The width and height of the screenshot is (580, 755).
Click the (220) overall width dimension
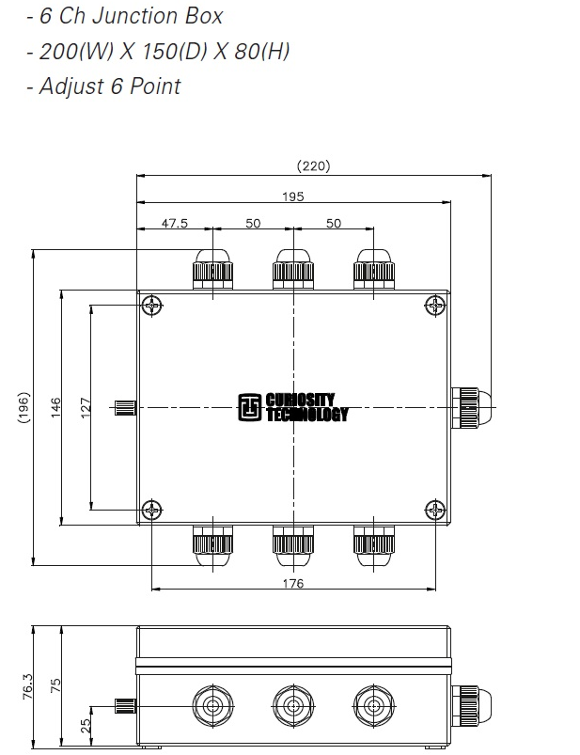[x=313, y=166]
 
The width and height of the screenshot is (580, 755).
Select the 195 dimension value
[x=293, y=197]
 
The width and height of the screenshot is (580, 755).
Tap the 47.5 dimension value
[x=175, y=223]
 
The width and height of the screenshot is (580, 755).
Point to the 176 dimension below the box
[x=293, y=584]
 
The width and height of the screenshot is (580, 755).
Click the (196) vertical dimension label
[x=23, y=408]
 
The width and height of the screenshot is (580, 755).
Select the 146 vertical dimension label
[x=55, y=408]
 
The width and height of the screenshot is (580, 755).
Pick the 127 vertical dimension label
[x=86, y=408]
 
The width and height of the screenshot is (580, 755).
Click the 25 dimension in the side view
[x=86, y=725]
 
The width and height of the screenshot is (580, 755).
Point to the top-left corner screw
[x=153, y=306]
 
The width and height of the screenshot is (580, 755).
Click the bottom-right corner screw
[x=435, y=510]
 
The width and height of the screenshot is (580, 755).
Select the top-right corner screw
[x=435, y=306]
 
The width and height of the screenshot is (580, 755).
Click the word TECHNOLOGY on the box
[x=307, y=415]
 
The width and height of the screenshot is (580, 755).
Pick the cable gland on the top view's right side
[x=468, y=407]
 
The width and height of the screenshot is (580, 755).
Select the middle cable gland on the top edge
[x=293, y=269]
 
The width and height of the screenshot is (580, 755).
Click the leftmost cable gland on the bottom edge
[x=212, y=543]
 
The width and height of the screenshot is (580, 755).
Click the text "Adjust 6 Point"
[x=103, y=87]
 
